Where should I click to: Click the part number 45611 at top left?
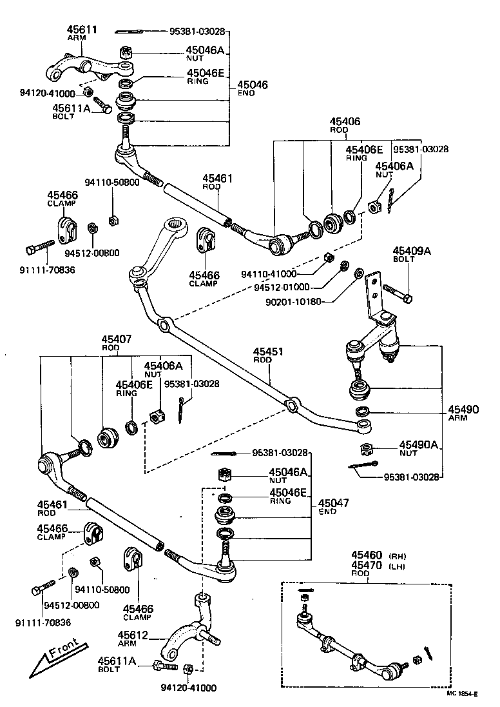click(82, 30)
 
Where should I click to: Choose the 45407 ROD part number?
click(117, 339)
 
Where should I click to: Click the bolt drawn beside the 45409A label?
click(398, 293)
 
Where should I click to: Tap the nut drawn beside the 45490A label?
click(366, 449)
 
